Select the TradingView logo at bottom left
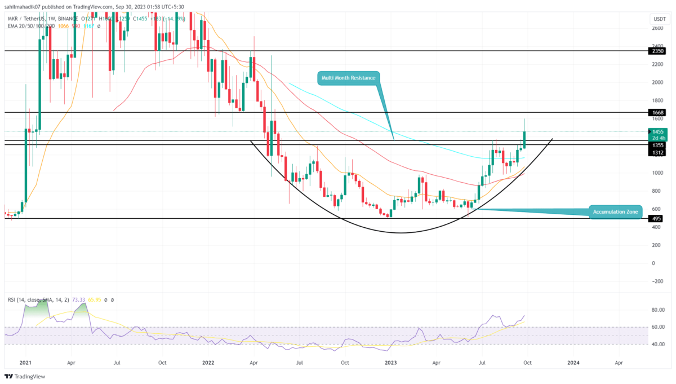coord(25,376)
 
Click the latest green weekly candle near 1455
coord(524,140)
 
